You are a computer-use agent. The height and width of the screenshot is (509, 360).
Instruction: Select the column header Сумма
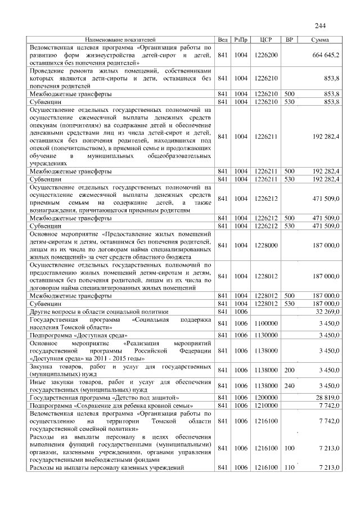point(320,40)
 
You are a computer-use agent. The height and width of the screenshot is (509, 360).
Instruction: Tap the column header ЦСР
point(266,40)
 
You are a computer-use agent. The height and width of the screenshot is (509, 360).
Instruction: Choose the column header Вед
point(223,40)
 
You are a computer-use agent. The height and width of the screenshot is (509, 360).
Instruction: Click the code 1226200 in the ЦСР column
point(266,55)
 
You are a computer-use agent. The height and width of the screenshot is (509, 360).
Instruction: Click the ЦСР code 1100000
point(266,323)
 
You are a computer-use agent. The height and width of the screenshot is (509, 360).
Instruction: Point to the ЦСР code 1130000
point(266,335)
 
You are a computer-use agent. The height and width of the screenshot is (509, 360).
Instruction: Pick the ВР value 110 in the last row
point(290,467)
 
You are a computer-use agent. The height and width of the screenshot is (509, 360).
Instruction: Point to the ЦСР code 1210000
point(266,405)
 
